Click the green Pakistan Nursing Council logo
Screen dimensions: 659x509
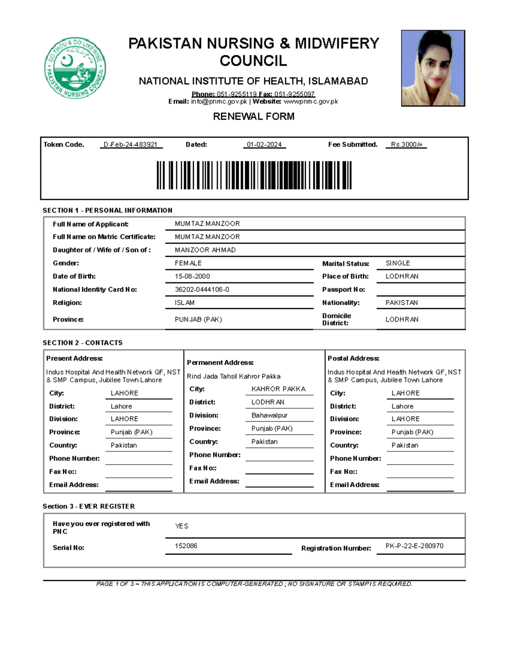75,68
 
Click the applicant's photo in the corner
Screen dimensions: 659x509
433,68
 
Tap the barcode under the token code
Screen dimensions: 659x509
254,175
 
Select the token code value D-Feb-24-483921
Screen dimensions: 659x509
131,145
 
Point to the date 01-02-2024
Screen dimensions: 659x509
264,145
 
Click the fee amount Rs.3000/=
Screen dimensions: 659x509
406,145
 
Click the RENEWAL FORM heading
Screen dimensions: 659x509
254,116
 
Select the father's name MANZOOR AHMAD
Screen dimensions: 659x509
205,250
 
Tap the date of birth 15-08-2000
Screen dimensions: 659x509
192,276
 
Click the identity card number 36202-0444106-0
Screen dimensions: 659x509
202,289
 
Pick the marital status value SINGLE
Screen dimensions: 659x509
397,263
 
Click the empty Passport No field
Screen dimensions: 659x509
420,289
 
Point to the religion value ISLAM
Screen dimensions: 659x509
185,303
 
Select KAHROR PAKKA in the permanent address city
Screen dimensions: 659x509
278,389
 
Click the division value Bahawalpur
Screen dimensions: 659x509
269,415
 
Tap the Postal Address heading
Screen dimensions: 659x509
353,359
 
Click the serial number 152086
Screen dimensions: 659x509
186,546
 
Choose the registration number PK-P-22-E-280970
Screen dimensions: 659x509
414,546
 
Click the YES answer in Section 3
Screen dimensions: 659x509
182,526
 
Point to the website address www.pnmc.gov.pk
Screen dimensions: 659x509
310,101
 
